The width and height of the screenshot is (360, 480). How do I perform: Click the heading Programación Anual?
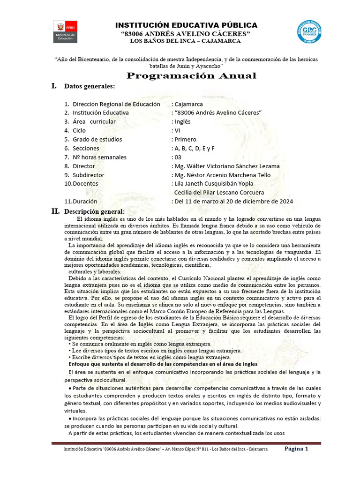point(193,76)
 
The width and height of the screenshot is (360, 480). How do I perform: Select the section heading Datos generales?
point(89,86)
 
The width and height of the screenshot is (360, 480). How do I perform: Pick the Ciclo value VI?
point(177,130)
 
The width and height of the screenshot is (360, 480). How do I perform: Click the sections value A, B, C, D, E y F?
point(193,148)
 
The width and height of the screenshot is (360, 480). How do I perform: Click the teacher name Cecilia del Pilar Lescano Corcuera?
point(219,192)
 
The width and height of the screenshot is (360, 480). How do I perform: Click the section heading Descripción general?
point(94,211)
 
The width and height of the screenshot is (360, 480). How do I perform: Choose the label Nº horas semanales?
point(99,157)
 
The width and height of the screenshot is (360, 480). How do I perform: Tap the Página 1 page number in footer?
point(297,449)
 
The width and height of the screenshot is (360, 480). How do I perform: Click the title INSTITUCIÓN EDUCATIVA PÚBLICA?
point(186,25)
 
